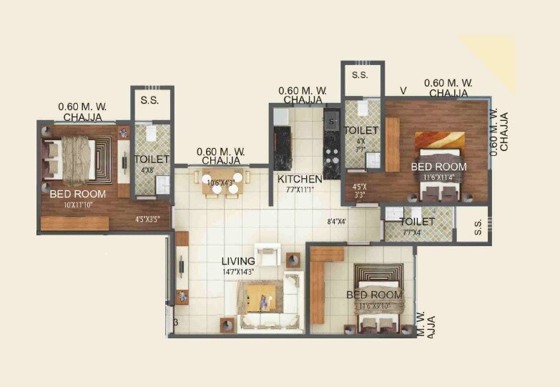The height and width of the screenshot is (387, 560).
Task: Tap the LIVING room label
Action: (x=238, y=261)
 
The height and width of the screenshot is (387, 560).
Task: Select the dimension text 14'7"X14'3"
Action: (x=238, y=272)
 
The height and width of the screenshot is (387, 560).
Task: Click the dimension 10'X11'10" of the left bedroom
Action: (x=77, y=205)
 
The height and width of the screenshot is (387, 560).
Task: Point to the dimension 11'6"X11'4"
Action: (x=438, y=177)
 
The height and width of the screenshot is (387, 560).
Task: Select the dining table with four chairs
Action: (x=222, y=184)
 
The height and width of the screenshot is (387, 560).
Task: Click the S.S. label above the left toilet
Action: (x=149, y=99)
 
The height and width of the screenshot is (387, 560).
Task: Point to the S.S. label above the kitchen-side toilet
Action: (x=360, y=74)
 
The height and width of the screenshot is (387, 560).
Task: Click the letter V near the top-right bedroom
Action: (x=403, y=90)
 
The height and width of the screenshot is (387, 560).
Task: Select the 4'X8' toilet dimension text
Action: (x=147, y=170)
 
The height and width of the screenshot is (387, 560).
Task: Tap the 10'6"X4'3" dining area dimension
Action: (x=221, y=182)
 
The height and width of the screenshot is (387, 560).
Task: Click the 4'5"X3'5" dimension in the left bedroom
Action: (x=147, y=220)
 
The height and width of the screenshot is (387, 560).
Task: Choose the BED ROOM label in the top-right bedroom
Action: (x=438, y=167)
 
